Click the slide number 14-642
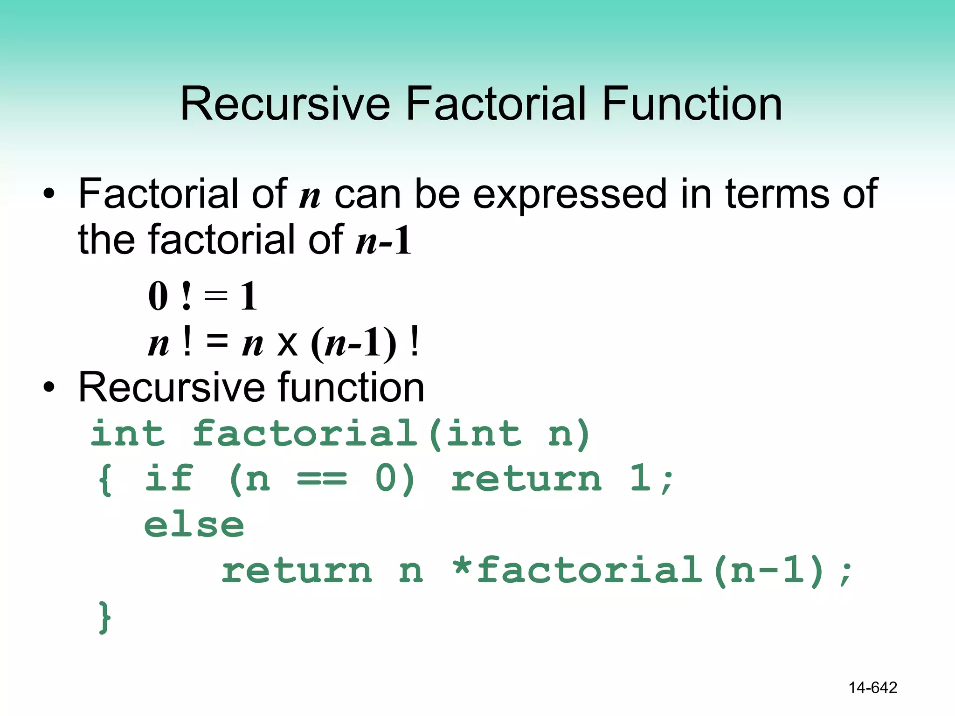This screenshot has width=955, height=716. tap(872, 688)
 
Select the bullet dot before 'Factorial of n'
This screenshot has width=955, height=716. tap(49, 193)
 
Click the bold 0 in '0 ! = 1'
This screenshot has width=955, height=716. tap(158, 296)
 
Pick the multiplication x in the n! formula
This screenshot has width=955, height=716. tap(287, 344)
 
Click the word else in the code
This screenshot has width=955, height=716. tap(194, 525)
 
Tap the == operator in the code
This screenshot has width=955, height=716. tap(322, 479)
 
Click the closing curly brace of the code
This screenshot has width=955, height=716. tap(105, 617)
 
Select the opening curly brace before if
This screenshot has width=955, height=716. tap(105, 479)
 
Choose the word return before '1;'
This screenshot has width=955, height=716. tap(526, 479)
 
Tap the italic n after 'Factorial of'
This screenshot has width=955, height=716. tap(310, 196)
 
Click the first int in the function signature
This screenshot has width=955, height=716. tap(128, 434)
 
